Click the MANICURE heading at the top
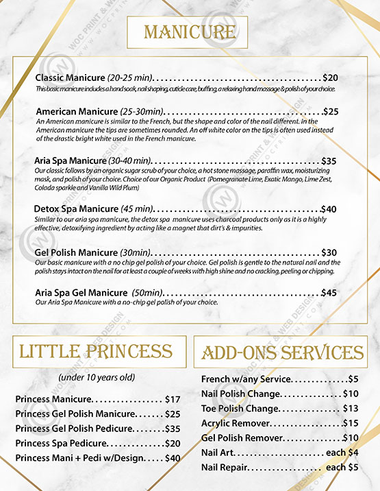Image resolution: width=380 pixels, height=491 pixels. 188,32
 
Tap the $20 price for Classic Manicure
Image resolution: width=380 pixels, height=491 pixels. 330,78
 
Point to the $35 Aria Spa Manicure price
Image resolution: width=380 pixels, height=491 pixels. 329,161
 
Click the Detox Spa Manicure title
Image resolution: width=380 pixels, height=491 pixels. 76,208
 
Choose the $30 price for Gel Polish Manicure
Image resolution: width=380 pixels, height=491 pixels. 329,252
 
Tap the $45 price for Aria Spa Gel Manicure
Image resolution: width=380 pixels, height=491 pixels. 329,293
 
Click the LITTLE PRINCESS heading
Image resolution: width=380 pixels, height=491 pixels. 95,352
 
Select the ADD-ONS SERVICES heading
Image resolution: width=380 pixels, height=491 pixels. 283,353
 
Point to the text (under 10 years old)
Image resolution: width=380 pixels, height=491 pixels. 96,377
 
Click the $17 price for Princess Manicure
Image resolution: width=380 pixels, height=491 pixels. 173,399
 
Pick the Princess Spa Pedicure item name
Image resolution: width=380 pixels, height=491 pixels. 61,443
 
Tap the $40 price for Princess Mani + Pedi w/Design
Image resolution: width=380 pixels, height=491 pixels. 173,457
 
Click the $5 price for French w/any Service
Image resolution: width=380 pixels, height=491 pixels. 353,379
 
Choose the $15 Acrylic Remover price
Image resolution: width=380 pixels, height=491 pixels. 351,423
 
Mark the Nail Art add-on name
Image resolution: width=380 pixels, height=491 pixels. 217,453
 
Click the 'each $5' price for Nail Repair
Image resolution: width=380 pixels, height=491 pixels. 342,467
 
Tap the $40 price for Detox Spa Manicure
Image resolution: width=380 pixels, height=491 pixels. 329,208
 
